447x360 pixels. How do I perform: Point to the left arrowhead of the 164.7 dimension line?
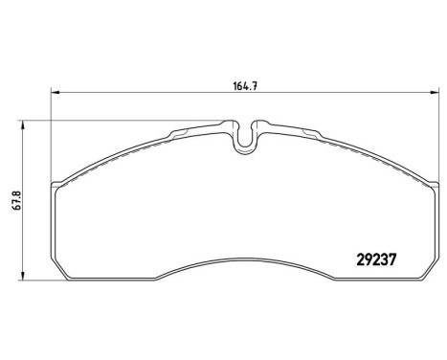(54, 92)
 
